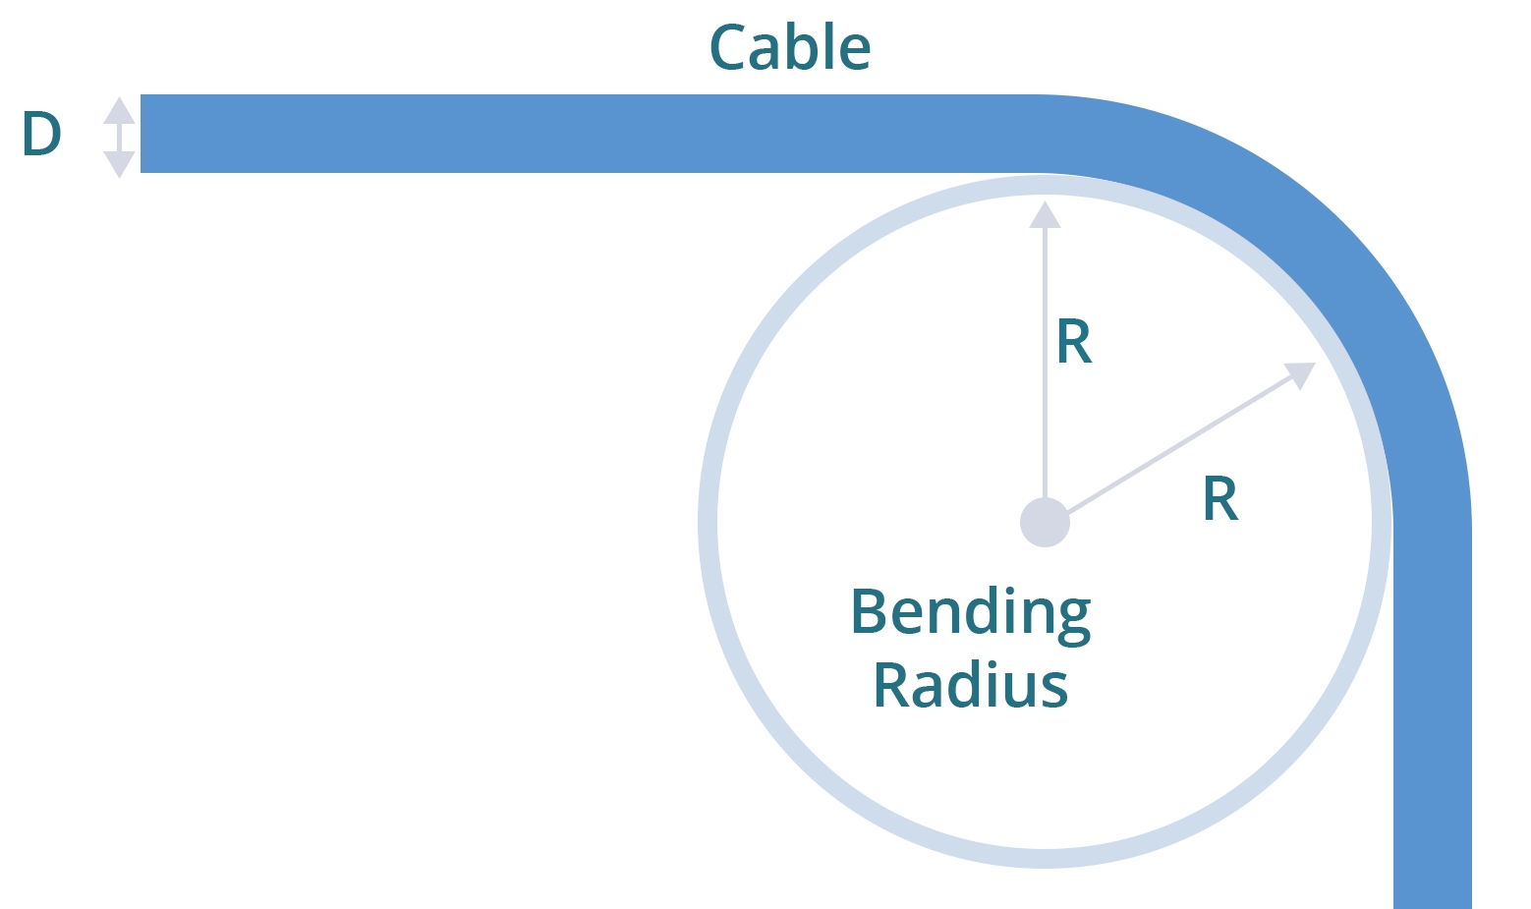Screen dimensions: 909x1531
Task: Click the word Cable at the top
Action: click(789, 47)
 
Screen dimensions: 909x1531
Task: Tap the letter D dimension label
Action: click(41, 135)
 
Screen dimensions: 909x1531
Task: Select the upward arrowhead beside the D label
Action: click(119, 110)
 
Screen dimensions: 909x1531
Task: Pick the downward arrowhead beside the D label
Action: click(119, 164)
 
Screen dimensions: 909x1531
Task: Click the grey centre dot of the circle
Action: click(1045, 522)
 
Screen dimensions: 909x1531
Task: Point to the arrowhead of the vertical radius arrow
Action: click(1045, 214)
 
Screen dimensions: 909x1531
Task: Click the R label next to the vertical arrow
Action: click(1073, 342)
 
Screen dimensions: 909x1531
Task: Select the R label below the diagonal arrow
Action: click(1219, 499)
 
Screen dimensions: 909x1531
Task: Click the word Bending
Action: click(970, 614)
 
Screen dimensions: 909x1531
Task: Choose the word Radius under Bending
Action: click(970, 685)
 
